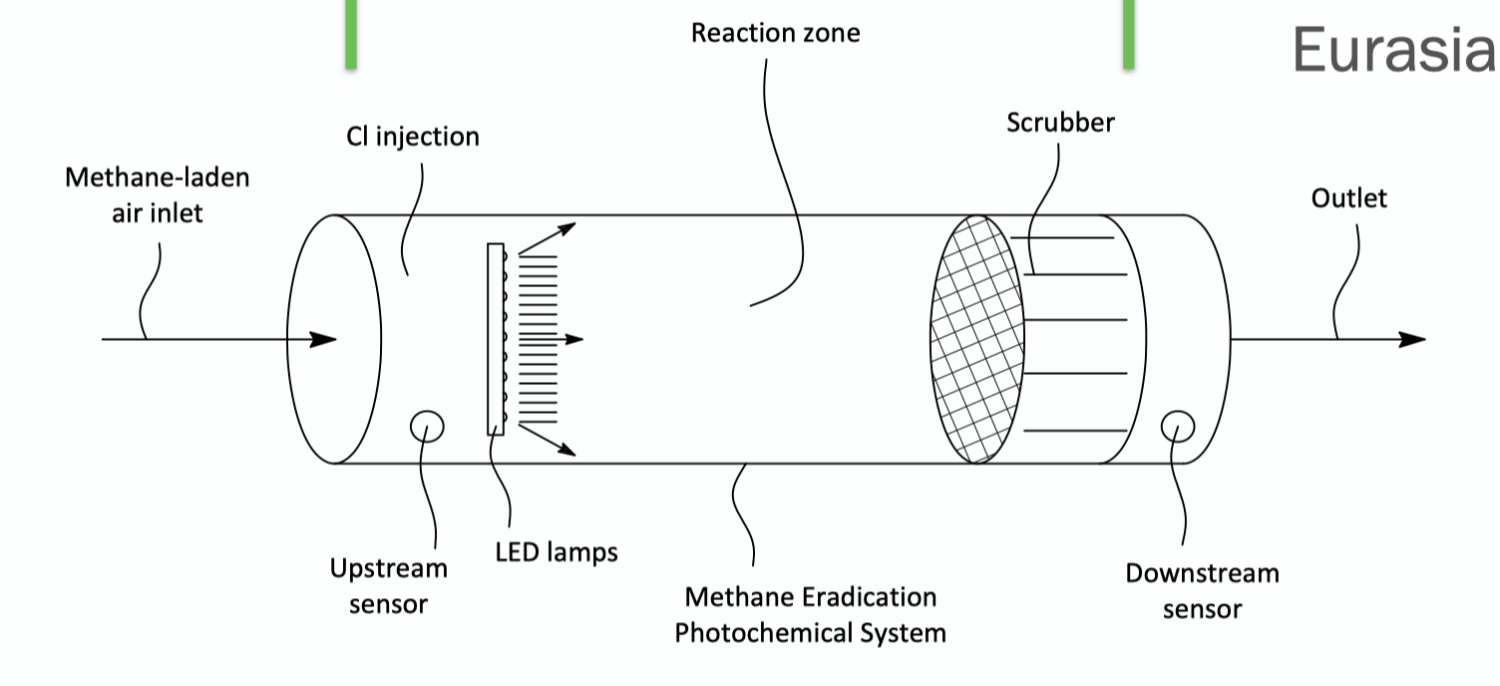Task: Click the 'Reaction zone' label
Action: [x=775, y=33]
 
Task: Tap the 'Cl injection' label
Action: [x=413, y=137]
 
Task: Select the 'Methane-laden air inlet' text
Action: [x=157, y=195]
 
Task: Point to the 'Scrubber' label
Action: [x=1060, y=123]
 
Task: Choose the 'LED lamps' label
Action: [x=557, y=551]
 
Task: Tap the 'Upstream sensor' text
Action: [x=388, y=586]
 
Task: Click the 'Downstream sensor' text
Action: [x=1202, y=591]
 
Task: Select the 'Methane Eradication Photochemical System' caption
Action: [x=810, y=615]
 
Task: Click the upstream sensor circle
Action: [x=427, y=426]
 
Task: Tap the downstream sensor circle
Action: [x=1177, y=426]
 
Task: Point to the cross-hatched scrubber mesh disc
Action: [x=976, y=339]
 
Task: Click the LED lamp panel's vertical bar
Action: [x=496, y=339]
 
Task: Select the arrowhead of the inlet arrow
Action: [x=323, y=339]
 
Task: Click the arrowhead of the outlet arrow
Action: [x=1412, y=339]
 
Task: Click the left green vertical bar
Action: [x=351, y=34]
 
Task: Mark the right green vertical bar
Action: [x=1128, y=34]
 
